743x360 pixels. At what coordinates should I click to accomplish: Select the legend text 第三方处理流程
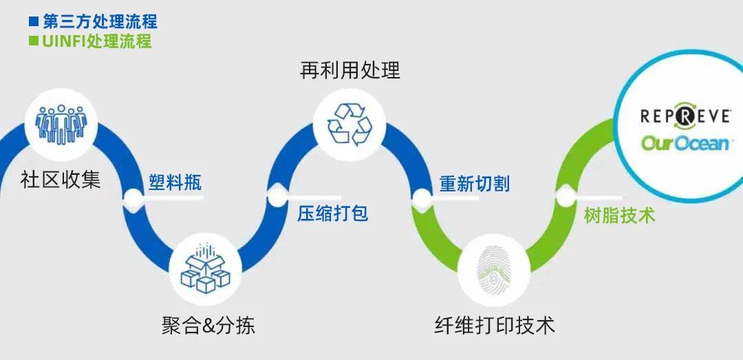pyautogui.click(x=100, y=21)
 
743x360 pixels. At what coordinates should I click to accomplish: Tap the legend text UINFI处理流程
pyautogui.click(x=96, y=41)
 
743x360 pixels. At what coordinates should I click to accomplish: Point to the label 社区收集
pyautogui.click(x=61, y=180)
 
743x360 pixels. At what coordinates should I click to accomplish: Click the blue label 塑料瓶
pyautogui.click(x=175, y=182)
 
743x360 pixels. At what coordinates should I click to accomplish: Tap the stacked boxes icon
pyautogui.click(x=204, y=269)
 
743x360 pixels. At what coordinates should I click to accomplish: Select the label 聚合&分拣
pyautogui.click(x=208, y=325)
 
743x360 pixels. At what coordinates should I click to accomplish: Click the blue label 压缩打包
pyautogui.click(x=333, y=213)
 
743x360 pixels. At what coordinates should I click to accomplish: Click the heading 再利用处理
pyautogui.click(x=350, y=70)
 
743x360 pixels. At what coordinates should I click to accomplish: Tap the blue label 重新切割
pyautogui.click(x=475, y=183)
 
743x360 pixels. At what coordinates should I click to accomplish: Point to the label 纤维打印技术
pyautogui.click(x=495, y=325)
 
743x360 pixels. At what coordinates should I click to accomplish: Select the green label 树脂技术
pyautogui.click(x=619, y=215)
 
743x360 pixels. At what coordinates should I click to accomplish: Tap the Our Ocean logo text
pyautogui.click(x=685, y=142)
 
